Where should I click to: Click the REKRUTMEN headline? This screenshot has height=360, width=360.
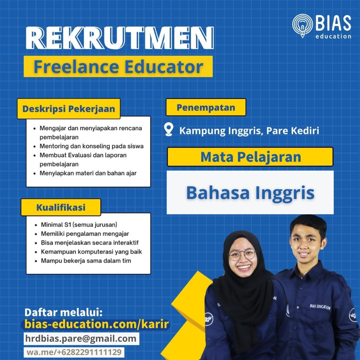(120, 38)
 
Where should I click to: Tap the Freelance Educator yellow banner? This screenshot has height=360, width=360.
(118, 66)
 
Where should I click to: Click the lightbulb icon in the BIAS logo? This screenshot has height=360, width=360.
(302, 26)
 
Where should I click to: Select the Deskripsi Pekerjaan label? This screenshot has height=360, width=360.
(69, 109)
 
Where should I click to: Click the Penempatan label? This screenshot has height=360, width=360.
(206, 107)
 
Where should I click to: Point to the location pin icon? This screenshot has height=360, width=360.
(169, 129)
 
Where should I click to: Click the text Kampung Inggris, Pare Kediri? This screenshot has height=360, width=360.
(249, 131)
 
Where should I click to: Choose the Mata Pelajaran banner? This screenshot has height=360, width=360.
(250, 157)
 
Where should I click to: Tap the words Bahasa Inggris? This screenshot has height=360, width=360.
(250, 193)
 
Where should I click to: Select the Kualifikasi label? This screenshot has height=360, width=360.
(61, 207)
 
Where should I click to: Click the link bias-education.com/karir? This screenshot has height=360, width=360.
(96, 324)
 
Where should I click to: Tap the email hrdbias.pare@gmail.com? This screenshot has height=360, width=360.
(81, 338)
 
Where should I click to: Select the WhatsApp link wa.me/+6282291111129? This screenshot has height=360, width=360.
(74, 352)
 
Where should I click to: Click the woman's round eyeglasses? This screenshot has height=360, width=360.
(242, 255)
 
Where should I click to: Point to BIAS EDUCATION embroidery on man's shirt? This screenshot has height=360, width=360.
(320, 307)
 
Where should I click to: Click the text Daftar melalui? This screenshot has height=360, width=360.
(63, 312)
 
